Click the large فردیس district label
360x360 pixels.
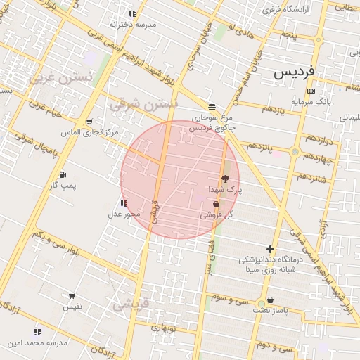click(295, 72)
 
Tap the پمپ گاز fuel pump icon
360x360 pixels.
click(63, 174)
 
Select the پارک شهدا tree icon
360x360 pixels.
click(225, 179)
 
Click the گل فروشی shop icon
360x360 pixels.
click(215, 205)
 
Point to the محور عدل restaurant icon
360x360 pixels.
click(124, 203)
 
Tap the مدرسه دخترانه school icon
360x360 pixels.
click(132, 13)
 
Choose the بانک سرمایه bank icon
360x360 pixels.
click(311, 91)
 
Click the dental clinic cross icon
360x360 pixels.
click(270, 249)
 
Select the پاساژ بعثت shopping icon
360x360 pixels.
click(270, 300)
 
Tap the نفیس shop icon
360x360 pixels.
click(72, 296)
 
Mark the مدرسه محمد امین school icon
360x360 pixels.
click(37, 332)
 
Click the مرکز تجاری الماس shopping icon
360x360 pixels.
click(89, 122)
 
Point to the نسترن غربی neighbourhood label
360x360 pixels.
click(60, 79)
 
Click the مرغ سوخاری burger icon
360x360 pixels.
click(212, 108)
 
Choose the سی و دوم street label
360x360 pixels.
click(274, 346)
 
